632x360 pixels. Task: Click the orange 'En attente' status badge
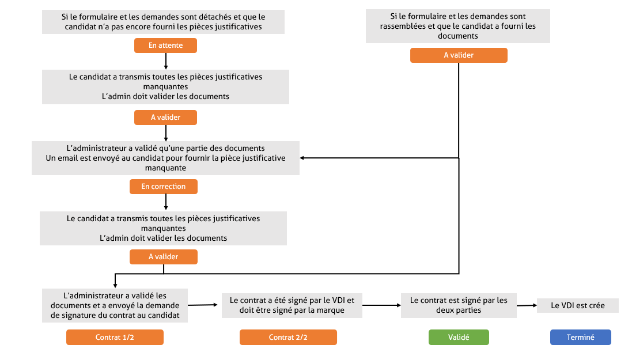click(165, 45)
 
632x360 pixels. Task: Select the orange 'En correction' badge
click(164, 187)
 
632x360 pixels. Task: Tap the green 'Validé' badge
click(458, 338)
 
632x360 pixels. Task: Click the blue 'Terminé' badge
click(580, 338)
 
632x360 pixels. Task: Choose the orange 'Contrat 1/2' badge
click(115, 338)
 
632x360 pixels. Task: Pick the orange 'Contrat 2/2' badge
click(288, 338)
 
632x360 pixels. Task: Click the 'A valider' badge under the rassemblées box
click(459, 55)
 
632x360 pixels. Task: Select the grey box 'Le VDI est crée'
click(577, 305)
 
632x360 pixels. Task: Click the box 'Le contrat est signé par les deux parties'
click(459, 305)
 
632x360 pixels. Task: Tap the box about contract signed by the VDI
click(292, 305)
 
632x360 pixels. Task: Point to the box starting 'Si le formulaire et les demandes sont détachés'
click(165, 21)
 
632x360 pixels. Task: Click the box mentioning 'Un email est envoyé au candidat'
click(165, 158)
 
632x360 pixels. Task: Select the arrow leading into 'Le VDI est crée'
click(526, 306)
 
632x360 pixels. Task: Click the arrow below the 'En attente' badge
click(166, 61)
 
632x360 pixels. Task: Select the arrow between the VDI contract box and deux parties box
click(381, 305)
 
